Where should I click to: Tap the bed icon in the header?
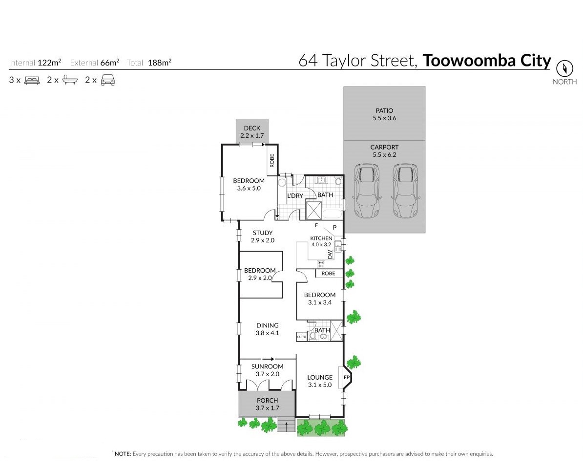pyautogui.click(x=32, y=80)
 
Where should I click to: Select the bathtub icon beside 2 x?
pyautogui.click(x=70, y=80)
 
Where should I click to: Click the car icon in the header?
pyautogui.click(x=108, y=80)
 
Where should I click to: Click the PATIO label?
pyautogui.click(x=384, y=110)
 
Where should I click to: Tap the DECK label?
pyautogui.click(x=252, y=128)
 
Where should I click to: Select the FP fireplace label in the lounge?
pyautogui.click(x=347, y=378)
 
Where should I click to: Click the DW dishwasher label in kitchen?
pyautogui.click(x=330, y=254)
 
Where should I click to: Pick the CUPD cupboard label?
pyautogui.click(x=302, y=337)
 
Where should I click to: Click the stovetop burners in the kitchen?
pyautogui.click(x=321, y=264)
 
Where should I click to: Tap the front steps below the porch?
pyautogui.click(x=286, y=425)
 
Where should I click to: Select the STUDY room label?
pyautogui.click(x=263, y=233)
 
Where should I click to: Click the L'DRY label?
pyautogui.click(x=295, y=195)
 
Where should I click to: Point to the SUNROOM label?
pyautogui.click(x=268, y=366)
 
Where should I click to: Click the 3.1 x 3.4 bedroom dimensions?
pyautogui.click(x=320, y=302)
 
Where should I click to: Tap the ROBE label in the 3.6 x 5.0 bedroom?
pyautogui.click(x=272, y=161)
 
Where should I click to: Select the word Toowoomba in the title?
pyautogui.click(x=469, y=61)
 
